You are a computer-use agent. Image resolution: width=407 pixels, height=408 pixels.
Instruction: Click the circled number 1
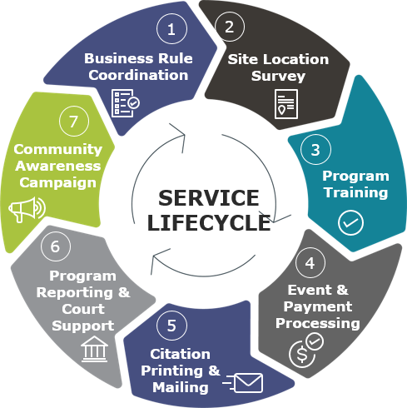(171, 29)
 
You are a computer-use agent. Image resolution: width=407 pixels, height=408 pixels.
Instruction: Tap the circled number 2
(230, 27)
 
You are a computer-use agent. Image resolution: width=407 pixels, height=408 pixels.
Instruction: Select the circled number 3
(315, 149)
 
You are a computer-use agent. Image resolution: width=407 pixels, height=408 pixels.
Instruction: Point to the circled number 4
(310, 262)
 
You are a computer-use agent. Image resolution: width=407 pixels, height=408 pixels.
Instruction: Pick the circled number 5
(171, 326)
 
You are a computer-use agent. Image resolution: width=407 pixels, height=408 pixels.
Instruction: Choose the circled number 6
(56, 246)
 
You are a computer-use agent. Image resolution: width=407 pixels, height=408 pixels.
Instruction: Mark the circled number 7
(74, 121)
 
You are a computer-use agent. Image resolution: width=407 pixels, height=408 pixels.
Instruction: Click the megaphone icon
(27, 209)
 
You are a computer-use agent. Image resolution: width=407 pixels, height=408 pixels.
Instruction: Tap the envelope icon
(243, 383)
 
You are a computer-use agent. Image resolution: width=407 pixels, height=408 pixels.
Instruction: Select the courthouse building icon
(94, 349)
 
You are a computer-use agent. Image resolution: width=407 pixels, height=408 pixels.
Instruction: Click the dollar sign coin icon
(306, 351)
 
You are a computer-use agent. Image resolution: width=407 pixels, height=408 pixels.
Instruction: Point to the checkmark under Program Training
(350, 223)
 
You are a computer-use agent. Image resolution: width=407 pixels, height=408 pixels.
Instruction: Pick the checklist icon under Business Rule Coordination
(126, 103)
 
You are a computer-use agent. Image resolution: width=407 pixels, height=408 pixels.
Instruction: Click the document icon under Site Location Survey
(286, 104)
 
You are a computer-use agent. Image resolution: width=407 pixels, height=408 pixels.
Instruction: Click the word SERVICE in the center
(209, 198)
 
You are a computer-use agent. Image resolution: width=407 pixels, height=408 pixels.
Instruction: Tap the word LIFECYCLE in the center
(209, 223)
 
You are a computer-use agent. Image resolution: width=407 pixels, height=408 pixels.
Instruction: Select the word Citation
(181, 354)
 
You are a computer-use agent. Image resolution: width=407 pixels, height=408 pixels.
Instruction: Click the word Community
(58, 150)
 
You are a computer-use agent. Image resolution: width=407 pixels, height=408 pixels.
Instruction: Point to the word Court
(83, 309)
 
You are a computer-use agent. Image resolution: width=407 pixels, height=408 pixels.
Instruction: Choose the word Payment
(318, 307)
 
